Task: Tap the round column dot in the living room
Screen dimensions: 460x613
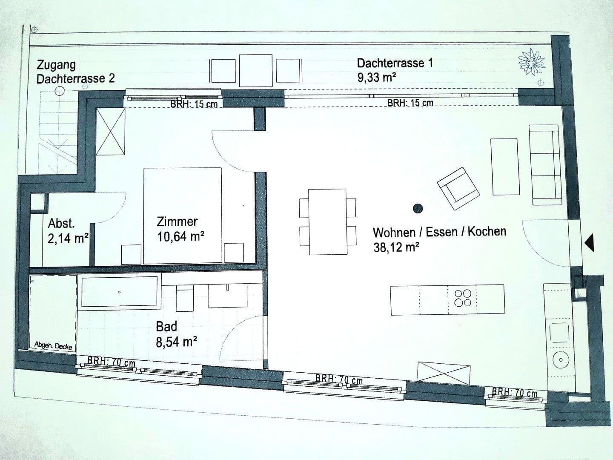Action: [x=418, y=208]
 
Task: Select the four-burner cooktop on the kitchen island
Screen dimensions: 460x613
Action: [x=462, y=298]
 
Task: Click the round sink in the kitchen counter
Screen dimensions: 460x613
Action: [x=561, y=360]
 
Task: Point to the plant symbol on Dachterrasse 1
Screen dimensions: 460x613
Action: [x=531, y=61]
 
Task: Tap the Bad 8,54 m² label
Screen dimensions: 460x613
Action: [x=176, y=334]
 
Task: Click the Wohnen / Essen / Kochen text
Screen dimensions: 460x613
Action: [x=439, y=232]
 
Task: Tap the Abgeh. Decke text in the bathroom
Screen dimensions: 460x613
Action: [x=53, y=346]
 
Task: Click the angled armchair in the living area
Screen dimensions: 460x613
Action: [x=458, y=188]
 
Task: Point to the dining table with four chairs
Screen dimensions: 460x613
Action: [x=327, y=221]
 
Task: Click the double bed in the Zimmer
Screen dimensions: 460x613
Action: [x=183, y=215]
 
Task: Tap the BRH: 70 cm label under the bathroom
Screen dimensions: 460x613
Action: [x=111, y=362]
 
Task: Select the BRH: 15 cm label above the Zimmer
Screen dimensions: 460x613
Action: [x=194, y=104]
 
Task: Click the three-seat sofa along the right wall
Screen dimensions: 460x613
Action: [x=544, y=162]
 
